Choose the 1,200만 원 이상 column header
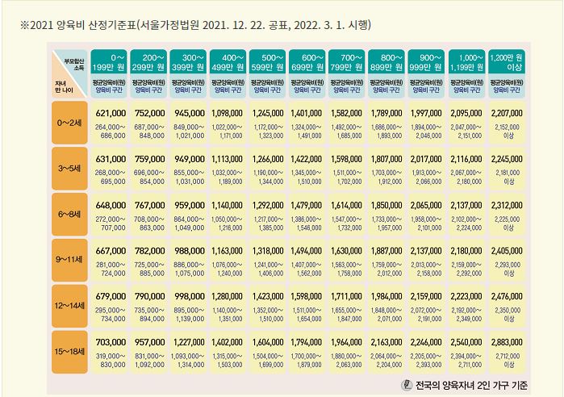tap(508, 61)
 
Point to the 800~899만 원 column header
tap(388, 61)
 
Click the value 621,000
tap(111, 114)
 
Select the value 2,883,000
tap(508, 343)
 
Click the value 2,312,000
tap(508, 206)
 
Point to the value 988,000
tap(190, 252)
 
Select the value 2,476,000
tap(508, 297)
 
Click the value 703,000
tap(111, 343)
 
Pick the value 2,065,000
tap(428, 206)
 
